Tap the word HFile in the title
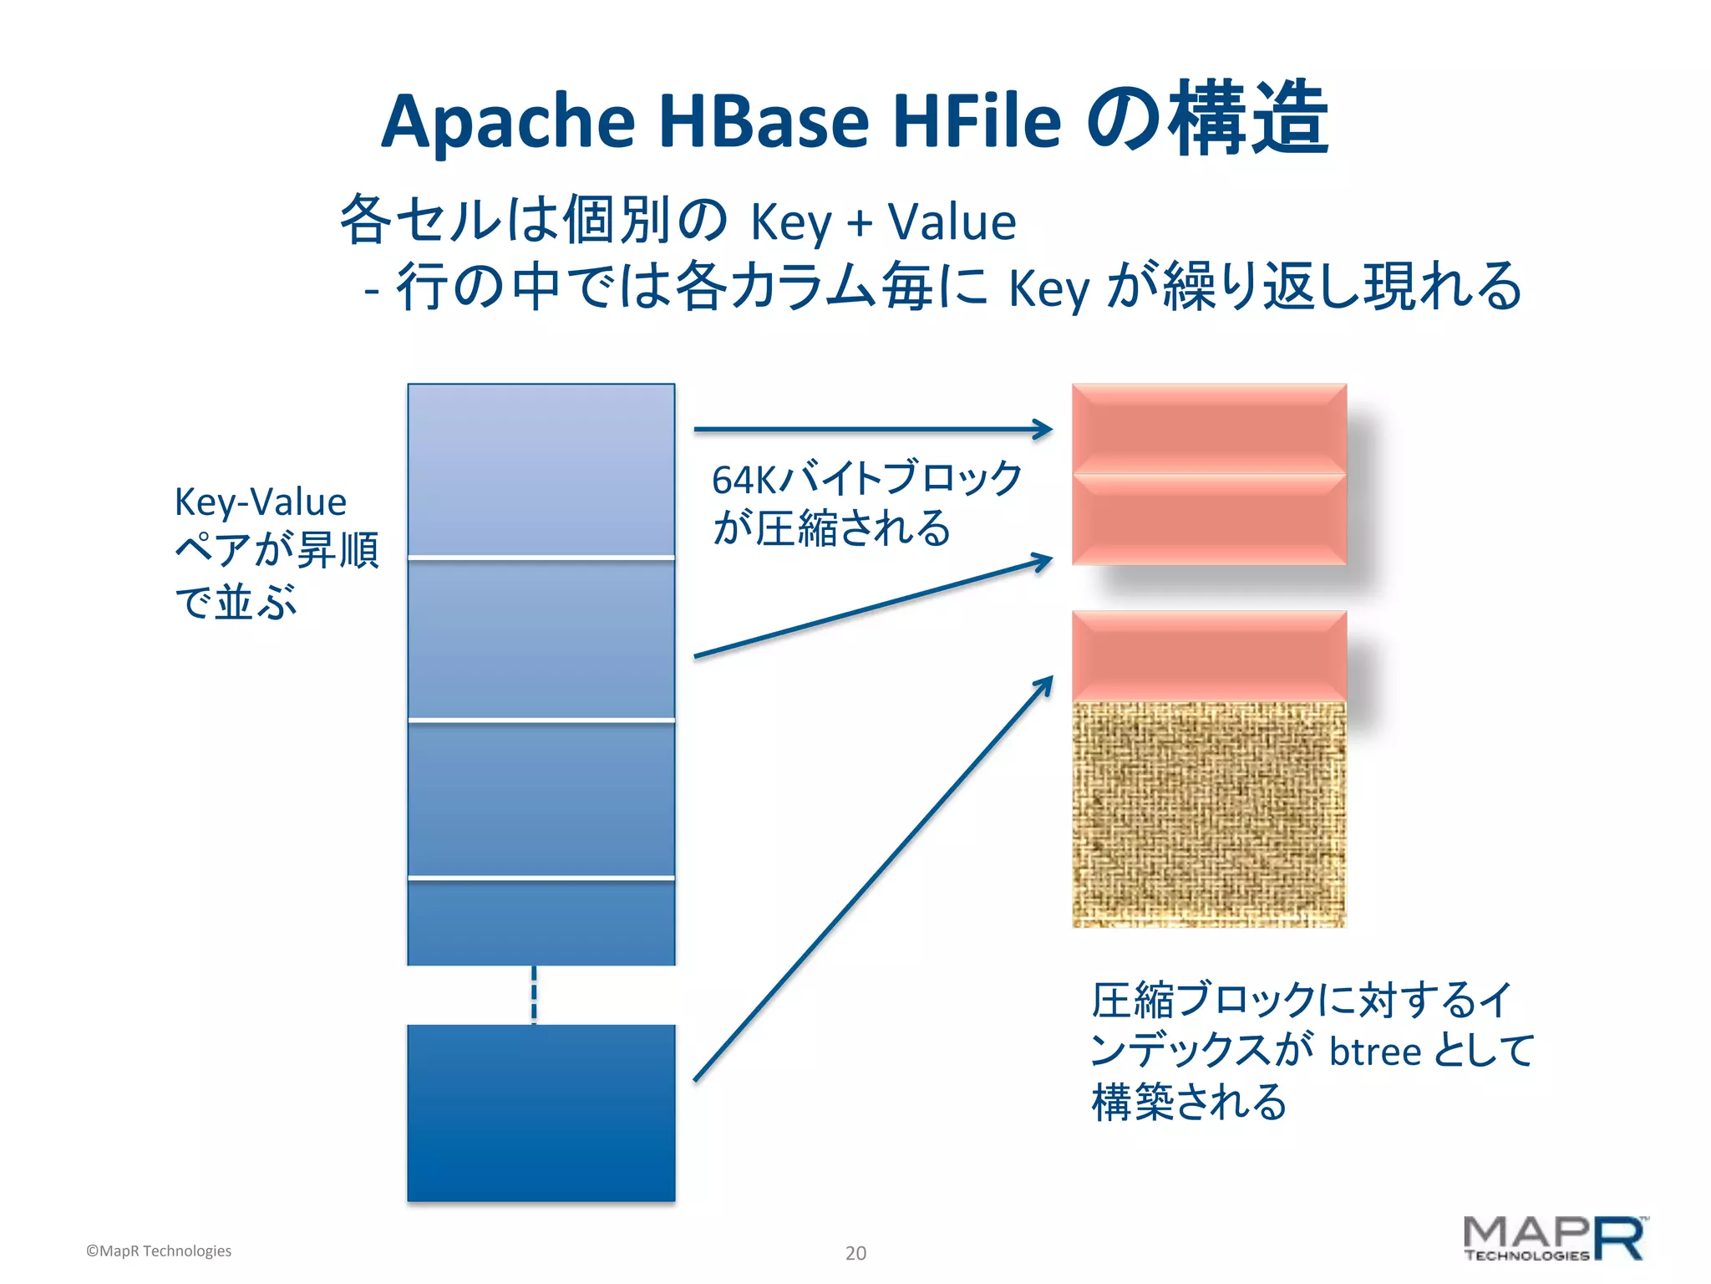[x=977, y=121]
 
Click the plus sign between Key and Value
[x=860, y=224]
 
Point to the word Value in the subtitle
[x=952, y=222]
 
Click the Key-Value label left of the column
[x=260, y=502]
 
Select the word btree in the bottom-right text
[x=1375, y=1051]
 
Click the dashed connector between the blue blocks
[x=535, y=995]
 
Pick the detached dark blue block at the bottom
[x=541, y=1113]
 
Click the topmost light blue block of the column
[x=541, y=469]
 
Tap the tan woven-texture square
[x=1209, y=814]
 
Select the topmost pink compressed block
[x=1209, y=428]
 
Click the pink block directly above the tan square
[x=1209, y=655]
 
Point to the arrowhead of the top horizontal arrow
[x=1044, y=430]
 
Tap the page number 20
[x=855, y=1253]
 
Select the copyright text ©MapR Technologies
[x=159, y=1251]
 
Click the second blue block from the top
[x=541, y=639]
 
